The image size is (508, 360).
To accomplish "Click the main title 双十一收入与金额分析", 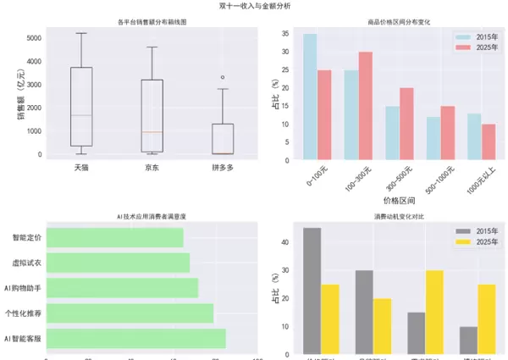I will [x=254, y=6].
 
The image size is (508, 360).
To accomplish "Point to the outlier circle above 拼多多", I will [x=223, y=77].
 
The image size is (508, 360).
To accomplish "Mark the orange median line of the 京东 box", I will [x=152, y=132].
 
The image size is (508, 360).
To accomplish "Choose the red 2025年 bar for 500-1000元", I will [x=447, y=133].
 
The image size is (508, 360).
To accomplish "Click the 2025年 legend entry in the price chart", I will [x=475, y=49].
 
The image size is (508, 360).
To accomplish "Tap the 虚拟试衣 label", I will [x=25, y=263].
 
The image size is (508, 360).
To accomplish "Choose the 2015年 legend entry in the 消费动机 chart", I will [x=475, y=230].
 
